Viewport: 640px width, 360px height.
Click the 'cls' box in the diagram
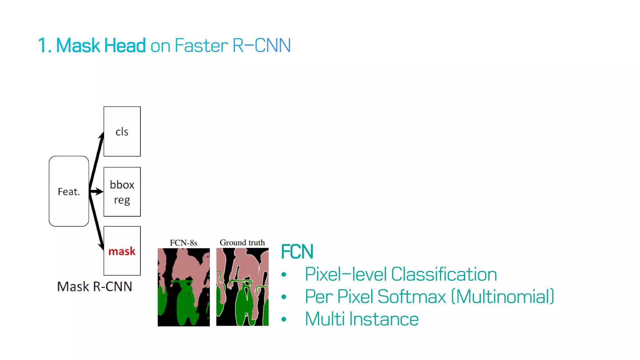click(122, 132)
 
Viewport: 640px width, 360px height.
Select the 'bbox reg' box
click(122, 192)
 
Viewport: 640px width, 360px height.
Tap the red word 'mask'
click(122, 251)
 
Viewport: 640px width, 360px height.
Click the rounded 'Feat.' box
click(69, 191)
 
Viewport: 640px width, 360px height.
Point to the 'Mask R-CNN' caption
click(94, 287)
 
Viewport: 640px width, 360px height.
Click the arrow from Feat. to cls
click(96, 159)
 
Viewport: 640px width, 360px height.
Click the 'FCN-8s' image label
click(183, 243)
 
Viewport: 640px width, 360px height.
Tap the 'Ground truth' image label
click(242, 242)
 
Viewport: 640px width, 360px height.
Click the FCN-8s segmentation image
click(183, 287)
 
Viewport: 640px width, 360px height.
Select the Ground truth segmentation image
click(242, 287)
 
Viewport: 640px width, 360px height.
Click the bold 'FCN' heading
click(297, 252)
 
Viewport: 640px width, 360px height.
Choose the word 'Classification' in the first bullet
click(444, 274)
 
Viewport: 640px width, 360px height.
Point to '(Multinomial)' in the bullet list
click(503, 297)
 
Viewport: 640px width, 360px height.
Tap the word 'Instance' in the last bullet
click(384, 319)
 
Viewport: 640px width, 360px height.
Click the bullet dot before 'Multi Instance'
click(284, 319)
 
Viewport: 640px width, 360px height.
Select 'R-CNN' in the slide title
click(262, 46)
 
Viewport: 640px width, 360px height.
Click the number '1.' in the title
click(45, 46)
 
